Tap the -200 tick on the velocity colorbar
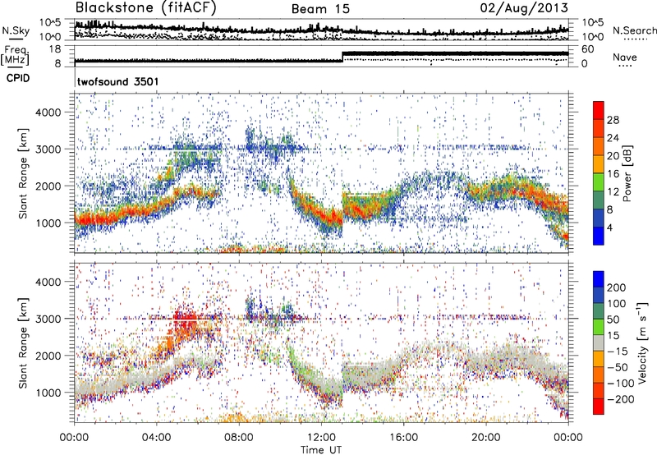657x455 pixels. [x=619, y=397]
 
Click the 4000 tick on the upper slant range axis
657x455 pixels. [x=56, y=112]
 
